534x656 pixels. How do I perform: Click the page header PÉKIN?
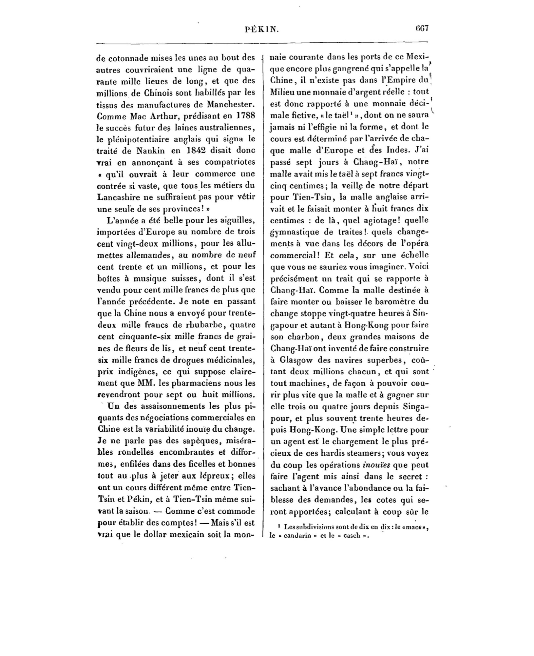pos(262,30)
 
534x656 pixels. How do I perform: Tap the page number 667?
pos(422,28)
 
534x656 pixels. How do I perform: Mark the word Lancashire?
pos(117,197)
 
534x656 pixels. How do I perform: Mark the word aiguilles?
pos(237,220)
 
